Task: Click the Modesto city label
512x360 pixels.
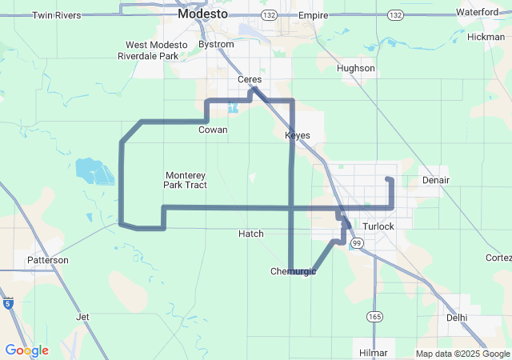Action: click(202, 14)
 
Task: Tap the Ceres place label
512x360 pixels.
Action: click(250, 79)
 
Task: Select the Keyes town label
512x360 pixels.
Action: click(298, 135)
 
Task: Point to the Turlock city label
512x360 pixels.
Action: click(378, 226)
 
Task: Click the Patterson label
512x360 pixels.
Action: click(48, 260)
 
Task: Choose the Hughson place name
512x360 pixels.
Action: click(356, 68)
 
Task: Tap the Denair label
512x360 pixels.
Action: click(436, 180)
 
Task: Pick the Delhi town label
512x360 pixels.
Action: click(457, 318)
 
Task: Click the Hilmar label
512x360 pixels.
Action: click(374, 352)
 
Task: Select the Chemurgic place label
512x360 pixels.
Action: click(294, 272)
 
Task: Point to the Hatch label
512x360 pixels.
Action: click(251, 234)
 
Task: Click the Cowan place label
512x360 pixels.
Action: click(213, 130)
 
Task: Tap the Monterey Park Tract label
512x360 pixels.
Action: click(186, 180)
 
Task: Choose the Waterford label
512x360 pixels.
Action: click(478, 12)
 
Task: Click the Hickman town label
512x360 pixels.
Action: click(486, 37)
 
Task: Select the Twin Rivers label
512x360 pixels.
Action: click(57, 15)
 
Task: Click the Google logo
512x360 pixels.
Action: click(26, 350)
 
